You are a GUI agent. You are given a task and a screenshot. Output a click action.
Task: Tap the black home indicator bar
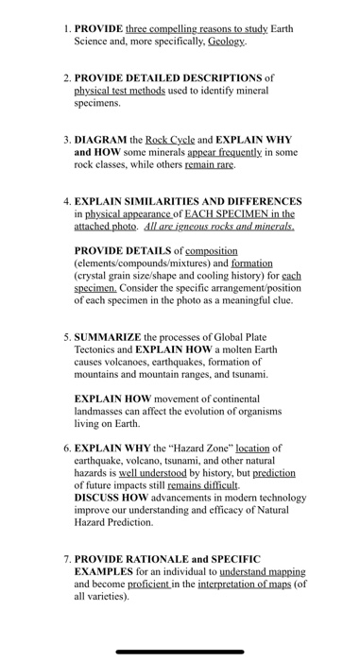pyautogui.click(x=180, y=651)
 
